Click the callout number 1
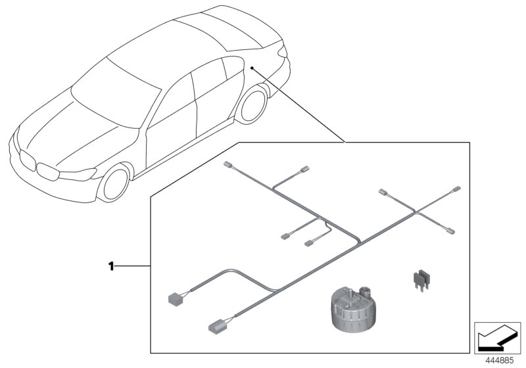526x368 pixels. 111,266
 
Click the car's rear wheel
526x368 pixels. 252,106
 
